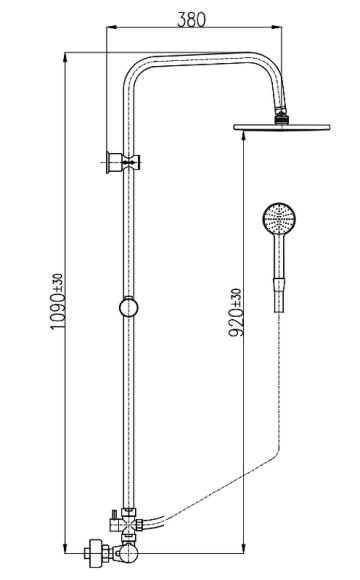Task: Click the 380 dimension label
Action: [191, 20]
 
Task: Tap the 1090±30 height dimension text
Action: [57, 301]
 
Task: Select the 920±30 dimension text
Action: [236, 313]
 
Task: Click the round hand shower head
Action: [279, 218]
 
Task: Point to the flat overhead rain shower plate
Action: [282, 127]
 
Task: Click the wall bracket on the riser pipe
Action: [122, 162]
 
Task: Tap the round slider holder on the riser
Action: [129, 307]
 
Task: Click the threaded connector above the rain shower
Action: [281, 116]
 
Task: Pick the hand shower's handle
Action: [279, 256]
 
